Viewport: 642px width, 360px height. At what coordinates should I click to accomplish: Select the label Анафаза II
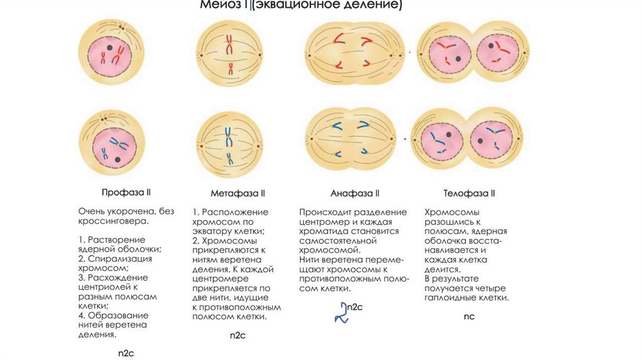point(355,193)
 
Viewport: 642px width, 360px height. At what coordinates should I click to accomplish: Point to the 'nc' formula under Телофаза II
point(469,316)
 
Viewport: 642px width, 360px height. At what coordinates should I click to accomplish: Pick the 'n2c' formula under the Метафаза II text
point(238,336)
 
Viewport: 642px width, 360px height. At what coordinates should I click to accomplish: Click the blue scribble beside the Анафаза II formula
point(340,312)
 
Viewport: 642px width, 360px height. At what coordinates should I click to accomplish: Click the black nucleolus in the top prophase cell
point(109,47)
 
